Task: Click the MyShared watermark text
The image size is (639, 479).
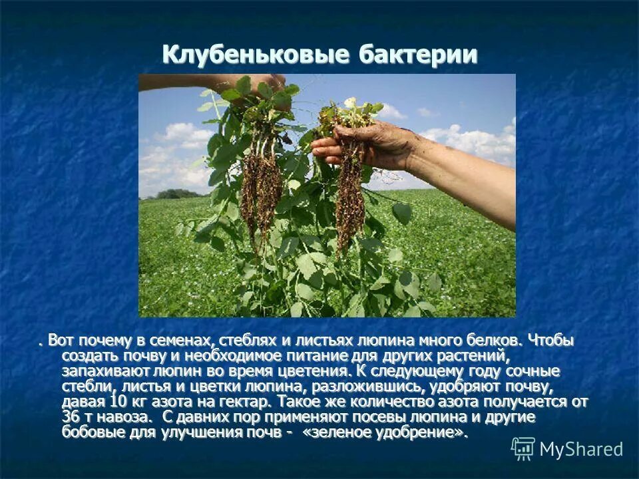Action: [581, 449]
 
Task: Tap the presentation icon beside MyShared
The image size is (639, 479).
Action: [523, 449]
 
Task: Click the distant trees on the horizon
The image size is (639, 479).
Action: [174, 194]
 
